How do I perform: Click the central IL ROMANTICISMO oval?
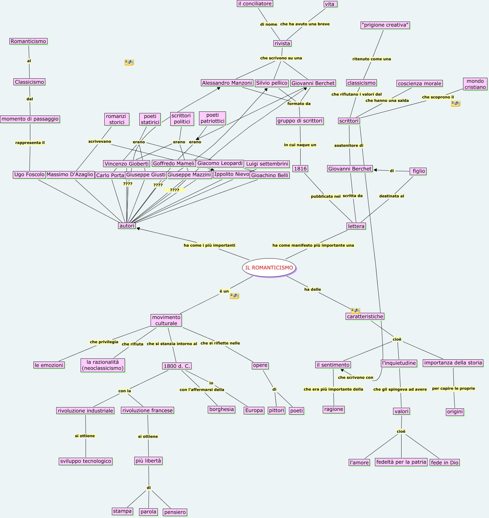click(269, 268)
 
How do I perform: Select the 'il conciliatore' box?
click(255, 3)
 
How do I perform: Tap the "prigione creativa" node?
click(385, 25)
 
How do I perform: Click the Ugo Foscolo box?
click(29, 175)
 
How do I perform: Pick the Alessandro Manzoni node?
click(227, 83)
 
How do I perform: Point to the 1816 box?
click(300, 169)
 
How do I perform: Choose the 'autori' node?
click(127, 226)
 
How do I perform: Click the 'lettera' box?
click(356, 226)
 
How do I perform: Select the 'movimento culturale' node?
click(166, 320)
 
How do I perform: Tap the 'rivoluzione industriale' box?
click(85, 411)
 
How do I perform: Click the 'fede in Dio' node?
click(445, 462)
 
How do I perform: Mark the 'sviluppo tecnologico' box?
click(86, 461)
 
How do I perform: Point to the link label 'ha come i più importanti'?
click(209, 245)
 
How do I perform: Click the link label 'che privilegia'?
click(104, 342)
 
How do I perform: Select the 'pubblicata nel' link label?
click(326, 196)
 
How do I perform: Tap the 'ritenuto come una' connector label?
click(372, 59)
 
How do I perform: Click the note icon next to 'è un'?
click(234, 296)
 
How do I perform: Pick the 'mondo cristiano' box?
click(475, 84)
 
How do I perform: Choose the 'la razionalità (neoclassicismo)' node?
click(103, 365)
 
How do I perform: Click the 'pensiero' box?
click(175, 512)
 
